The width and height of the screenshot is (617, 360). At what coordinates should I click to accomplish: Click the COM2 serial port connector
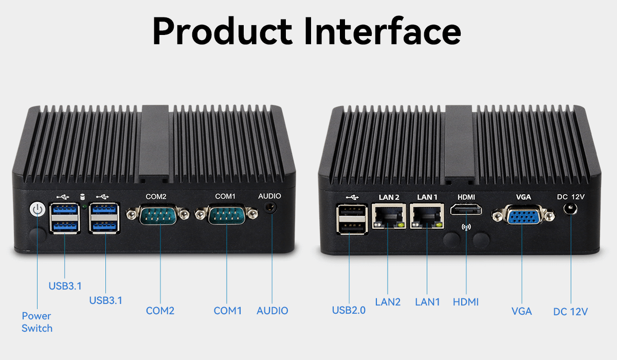pos(158,214)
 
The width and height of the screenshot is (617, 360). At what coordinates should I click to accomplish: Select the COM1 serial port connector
pos(226,214)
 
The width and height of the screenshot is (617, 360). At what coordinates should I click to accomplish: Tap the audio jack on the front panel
pos(270,207)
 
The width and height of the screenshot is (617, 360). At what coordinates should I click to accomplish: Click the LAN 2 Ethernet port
pos(389,216)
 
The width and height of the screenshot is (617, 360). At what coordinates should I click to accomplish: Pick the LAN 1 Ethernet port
pos(427,216)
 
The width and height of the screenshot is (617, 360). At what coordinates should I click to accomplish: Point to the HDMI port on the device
pos(466,210)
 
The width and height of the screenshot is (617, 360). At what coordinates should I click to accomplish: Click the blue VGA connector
pos(523,215)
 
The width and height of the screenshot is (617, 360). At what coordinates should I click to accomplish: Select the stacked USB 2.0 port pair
pos(352,219)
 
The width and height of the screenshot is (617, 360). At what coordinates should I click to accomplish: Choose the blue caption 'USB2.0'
pos(349,310)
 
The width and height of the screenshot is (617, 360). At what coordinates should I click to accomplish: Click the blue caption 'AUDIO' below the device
pos(272,311)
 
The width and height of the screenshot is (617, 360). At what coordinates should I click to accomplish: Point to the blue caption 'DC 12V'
pos(570,312)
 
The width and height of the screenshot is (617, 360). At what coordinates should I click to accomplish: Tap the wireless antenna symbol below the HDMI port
pos(466,227)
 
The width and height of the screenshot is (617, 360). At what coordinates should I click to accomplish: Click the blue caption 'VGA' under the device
pos(521,311)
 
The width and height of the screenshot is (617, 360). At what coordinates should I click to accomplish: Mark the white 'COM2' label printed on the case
pos(156,196)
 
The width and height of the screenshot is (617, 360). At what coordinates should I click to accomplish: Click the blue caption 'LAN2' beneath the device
pos(388,302)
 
